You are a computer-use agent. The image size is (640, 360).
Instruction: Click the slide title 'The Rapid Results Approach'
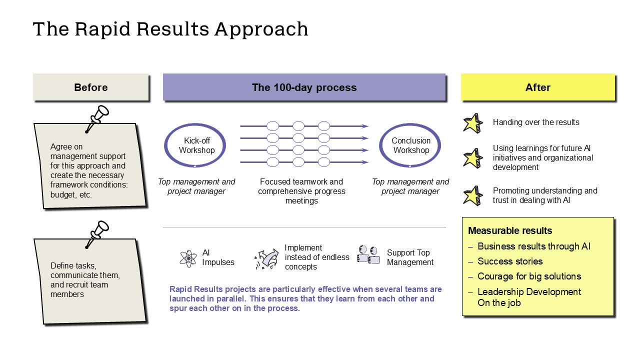point(170,29)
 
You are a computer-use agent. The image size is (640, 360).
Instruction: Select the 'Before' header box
point(91,87)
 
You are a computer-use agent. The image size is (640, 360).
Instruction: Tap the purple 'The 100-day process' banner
point(304,87)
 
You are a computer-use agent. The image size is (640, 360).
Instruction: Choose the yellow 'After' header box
point(537,87)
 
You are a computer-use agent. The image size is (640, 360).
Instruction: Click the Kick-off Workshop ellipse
point(196,145)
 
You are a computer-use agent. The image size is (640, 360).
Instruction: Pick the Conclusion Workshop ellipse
point(410,145)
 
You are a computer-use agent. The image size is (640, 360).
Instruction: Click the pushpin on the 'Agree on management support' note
point(97,118)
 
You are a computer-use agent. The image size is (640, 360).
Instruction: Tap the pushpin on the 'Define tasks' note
point(97,233)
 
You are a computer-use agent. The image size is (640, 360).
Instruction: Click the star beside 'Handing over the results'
point(472,123)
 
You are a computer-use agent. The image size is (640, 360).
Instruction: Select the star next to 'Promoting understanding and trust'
point(472,195)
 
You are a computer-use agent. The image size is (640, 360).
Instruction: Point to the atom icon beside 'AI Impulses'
point(188,258)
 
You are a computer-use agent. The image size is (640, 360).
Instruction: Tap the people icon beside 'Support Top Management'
point(368,254)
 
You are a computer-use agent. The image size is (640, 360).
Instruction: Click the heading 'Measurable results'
point(510,231)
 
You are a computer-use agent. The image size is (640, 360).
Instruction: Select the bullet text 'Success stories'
point(510,261)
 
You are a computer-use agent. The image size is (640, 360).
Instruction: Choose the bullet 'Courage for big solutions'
point(529,276)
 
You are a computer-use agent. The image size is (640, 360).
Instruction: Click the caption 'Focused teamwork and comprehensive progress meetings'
point(301,191)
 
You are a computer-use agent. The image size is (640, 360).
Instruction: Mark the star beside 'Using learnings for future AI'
point(472,158)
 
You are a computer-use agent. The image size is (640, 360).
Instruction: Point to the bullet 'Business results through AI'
point(534,246)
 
